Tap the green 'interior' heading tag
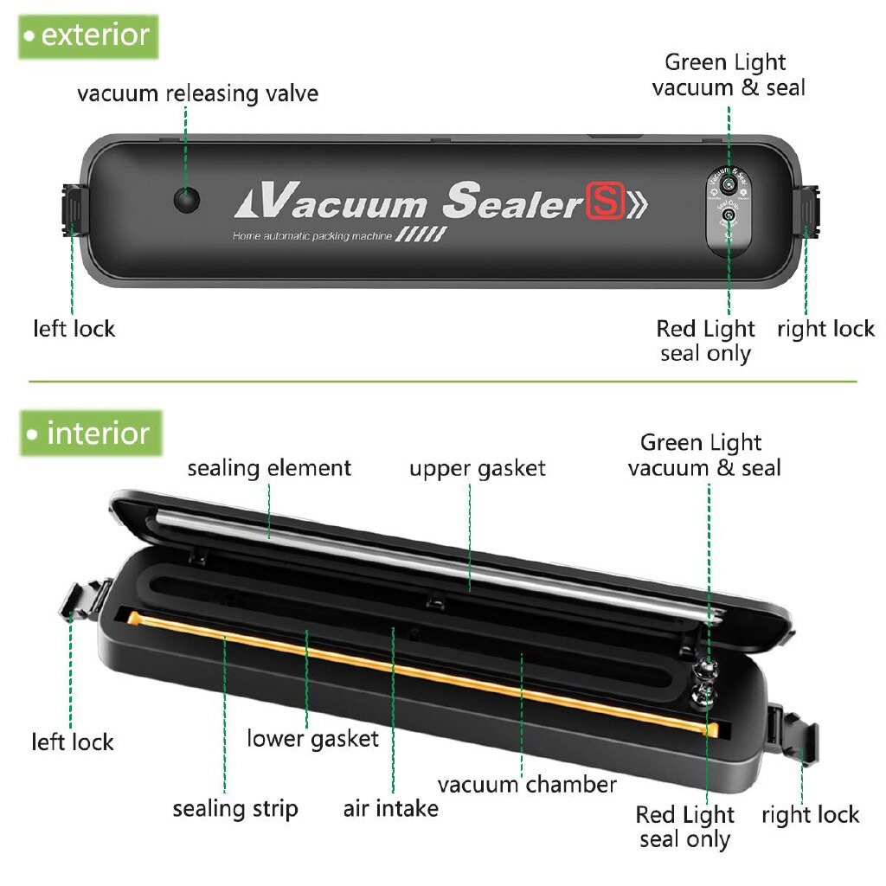pos(90,433)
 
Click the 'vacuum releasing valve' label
pos(197,93)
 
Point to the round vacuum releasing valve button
pos(186,199)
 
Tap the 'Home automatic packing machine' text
pos(311,236)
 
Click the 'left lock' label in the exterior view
pos(74,329)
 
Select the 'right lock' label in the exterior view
pos(825,329)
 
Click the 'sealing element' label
pos(269,468)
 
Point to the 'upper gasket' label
pos(478,468)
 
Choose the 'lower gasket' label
pos(312,738)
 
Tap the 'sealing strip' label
pos(234,808)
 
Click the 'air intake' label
pos(390,808)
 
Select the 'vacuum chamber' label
pos(526,785)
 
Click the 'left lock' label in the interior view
pos(73,742)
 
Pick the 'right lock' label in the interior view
pos(810,814)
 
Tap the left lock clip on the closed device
pos(74,209)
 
